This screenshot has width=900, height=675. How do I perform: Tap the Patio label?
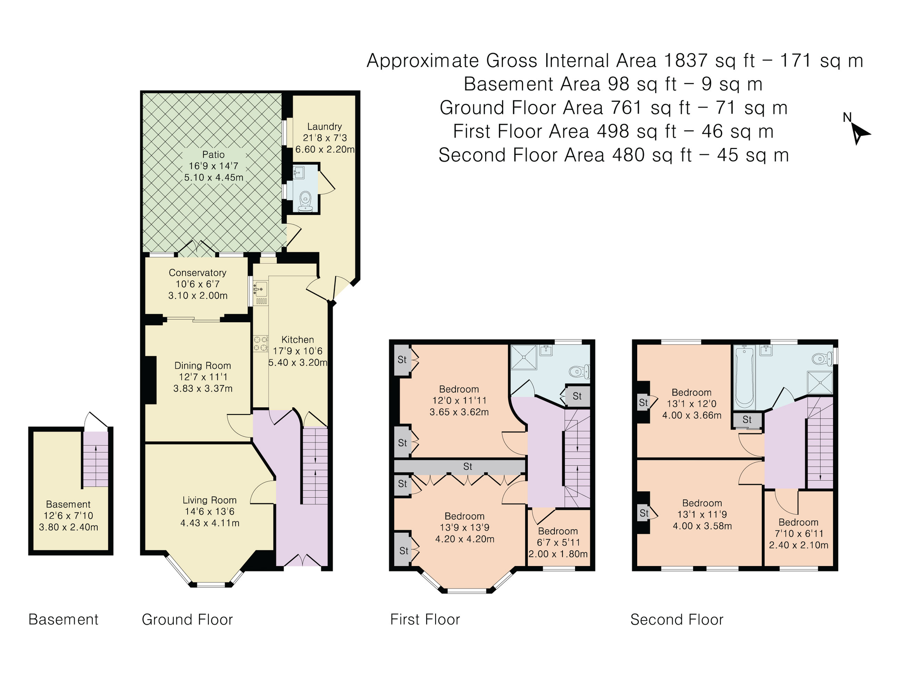(x=213, y=155)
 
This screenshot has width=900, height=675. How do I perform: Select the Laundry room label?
(x=324, y=126)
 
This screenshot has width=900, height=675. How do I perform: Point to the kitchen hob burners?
(x=261, y=343)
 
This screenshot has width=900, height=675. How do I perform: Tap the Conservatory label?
(x=198, y=273)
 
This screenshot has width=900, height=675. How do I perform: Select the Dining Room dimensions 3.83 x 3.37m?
(x=203, y=388)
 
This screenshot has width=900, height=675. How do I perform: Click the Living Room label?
(x=210, y=500)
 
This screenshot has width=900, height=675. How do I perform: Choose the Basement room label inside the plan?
(x=68, y=504)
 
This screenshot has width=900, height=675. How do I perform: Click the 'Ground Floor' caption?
(x=187, y=620)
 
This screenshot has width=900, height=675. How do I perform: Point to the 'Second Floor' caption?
(x=677, y=620)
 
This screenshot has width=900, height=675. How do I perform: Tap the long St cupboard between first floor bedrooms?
(x=460, y=467)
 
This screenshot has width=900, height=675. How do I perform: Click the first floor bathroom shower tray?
(x=523, y=357)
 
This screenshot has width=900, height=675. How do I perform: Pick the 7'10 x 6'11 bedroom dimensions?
(x=798, y=534)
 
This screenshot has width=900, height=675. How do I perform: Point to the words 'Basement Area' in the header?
(x=532, y=84)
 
